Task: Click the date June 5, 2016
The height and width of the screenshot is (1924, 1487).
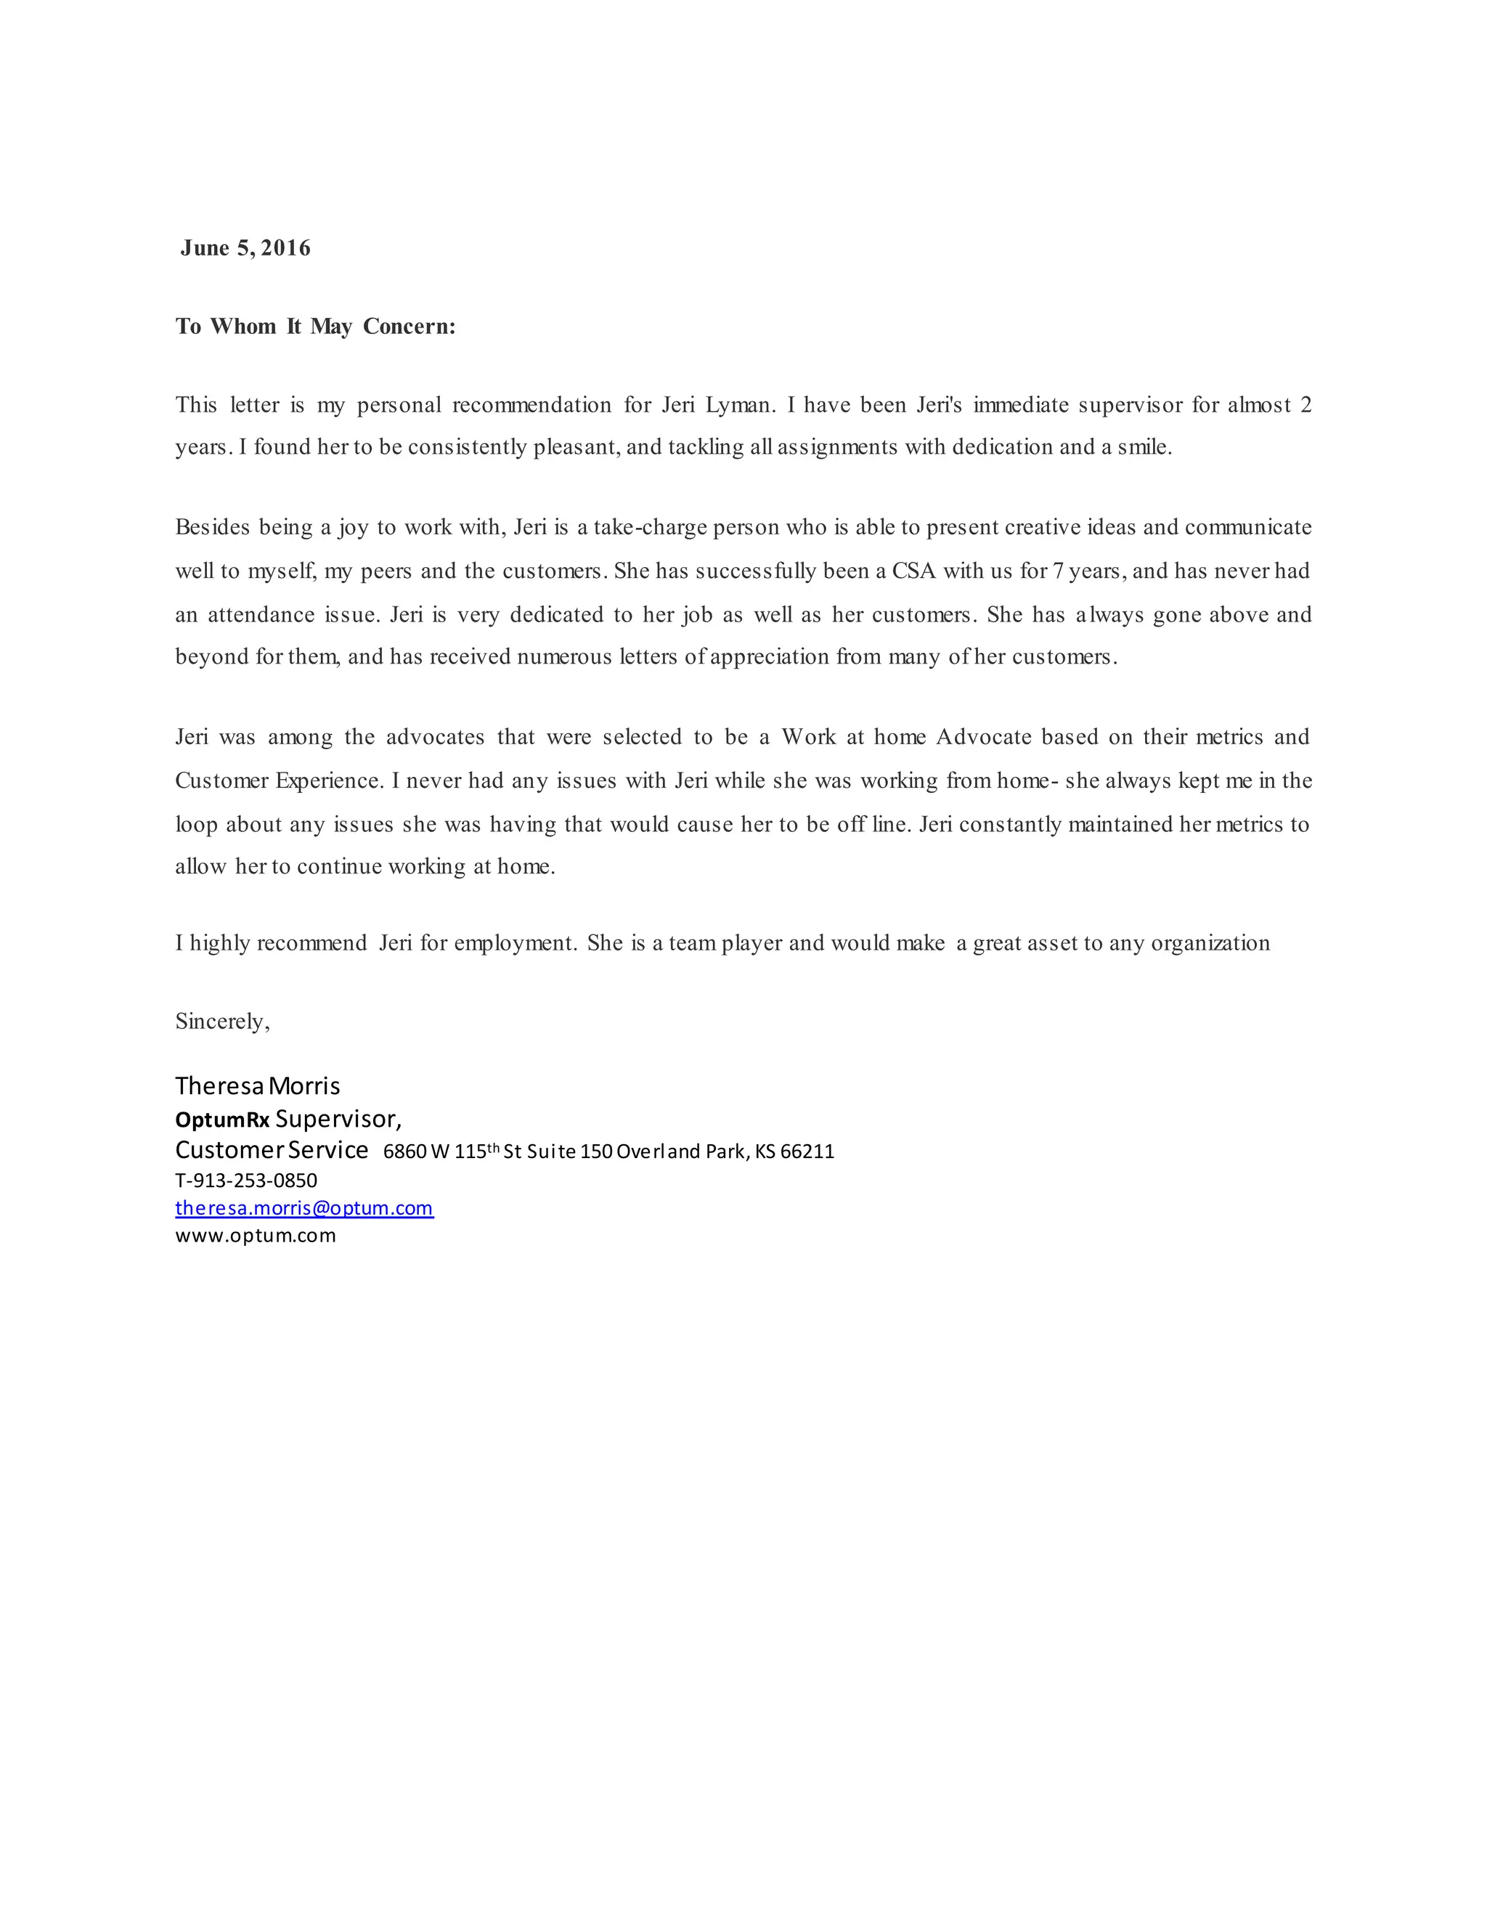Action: point(245,248)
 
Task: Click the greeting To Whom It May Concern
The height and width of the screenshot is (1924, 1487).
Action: point(315,327)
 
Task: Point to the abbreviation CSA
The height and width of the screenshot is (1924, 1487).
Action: point(913,571)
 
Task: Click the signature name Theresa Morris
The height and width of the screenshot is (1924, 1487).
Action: point(257,1086)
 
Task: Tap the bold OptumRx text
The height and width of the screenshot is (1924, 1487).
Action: point(222,1120)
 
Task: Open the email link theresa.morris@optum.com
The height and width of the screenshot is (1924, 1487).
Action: point(304,1208)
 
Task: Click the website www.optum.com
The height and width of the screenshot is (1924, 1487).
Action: point(256,1235)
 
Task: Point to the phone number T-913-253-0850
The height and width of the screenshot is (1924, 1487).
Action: point(246,1181)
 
